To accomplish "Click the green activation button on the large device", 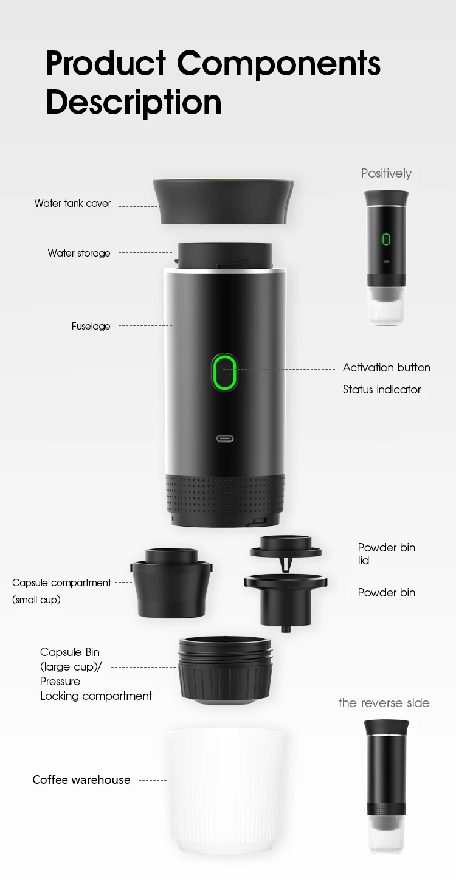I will point(224,372).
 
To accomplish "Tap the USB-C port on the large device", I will point(226,438).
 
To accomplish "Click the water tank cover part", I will point(224,201).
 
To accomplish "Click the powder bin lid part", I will point(286,547).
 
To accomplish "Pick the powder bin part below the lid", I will point(285,599).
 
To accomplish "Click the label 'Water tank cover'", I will point(73,204).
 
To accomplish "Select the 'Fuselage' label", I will point(91,327).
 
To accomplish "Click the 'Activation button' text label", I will point(386,368).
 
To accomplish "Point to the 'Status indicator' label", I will point(382,390).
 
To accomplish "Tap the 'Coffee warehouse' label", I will point(81,780).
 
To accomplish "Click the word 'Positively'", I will point(386,174).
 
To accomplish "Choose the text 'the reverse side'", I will point(384,703).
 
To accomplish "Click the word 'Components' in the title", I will point(279,63).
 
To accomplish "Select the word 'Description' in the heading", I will point(133,102).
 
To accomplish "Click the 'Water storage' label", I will point(79,254).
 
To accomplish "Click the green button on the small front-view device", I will point(386,239).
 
